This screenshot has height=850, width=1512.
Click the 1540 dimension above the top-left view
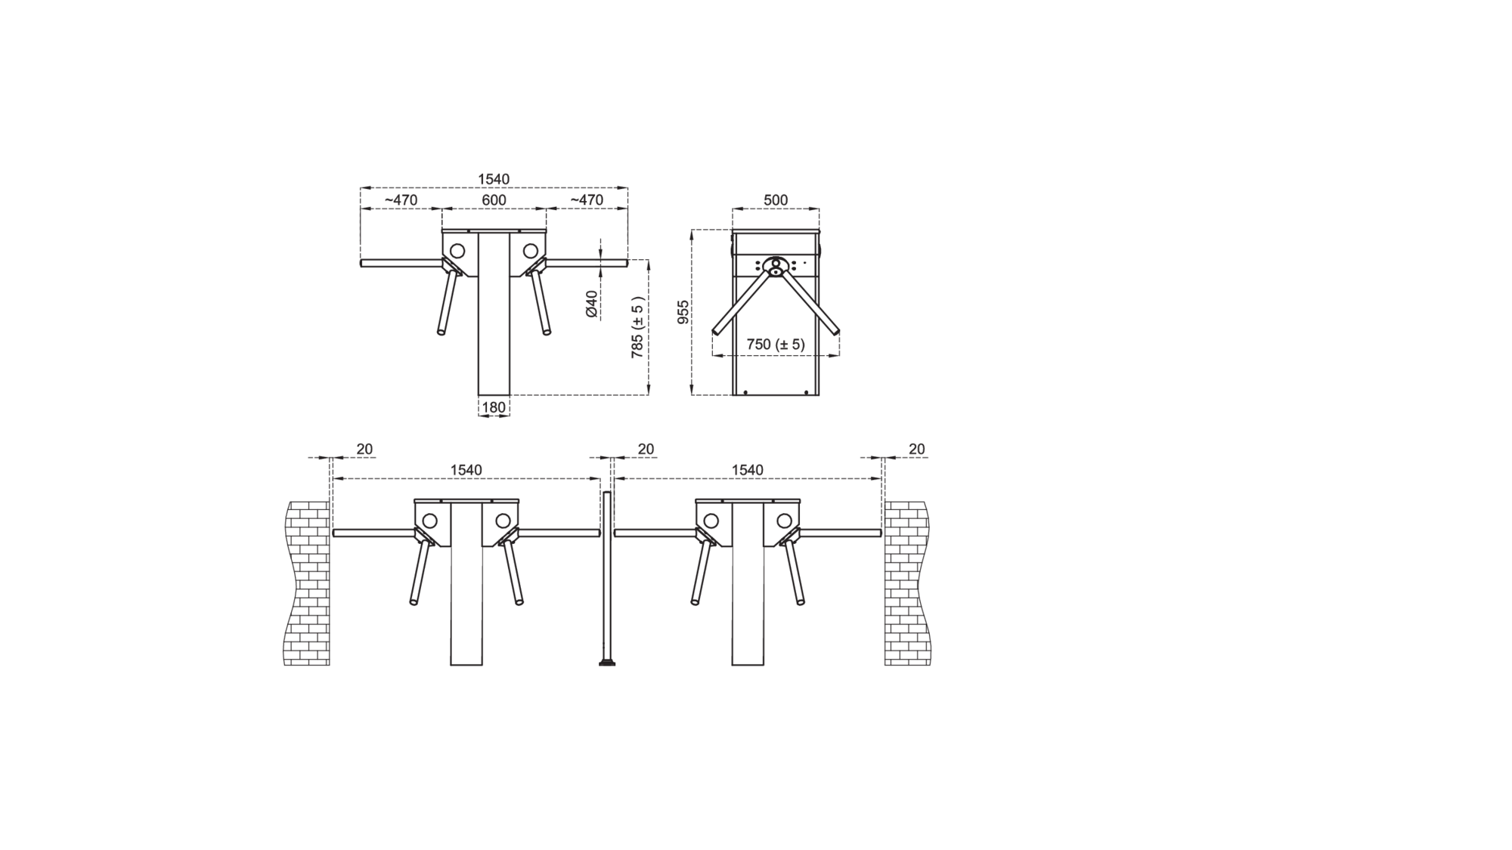click(x=494, y=179)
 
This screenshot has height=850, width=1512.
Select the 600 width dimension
click(x=494, y=200)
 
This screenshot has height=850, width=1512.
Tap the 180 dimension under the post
click(x=494, y=407)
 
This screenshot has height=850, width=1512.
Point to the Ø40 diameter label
click(x=592, y=304)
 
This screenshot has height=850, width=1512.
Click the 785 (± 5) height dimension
click(x=638, y=327)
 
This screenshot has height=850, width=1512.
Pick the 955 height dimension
click(x=683, y=312)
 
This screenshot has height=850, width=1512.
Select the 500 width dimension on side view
click(x=776, y=200)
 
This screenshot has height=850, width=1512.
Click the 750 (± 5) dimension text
click(x=776, y=345)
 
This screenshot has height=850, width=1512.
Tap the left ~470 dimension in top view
click(x=401, y=200)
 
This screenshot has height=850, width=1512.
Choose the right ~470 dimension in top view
click(x=587, y=200)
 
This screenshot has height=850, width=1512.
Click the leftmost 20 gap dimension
click(x=364, y=449)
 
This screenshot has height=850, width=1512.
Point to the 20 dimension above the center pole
click(x=646, y=449)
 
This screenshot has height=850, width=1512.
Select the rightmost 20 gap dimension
click(x=916, y=449)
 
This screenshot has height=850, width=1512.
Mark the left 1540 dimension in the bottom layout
click(x=466, y=470)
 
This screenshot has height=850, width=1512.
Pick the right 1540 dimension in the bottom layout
click(x=747, y=470)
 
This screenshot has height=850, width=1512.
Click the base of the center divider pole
click(x=606, y=663)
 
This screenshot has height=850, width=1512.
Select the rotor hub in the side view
click(x=776, y=265)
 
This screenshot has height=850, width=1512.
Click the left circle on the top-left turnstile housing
click(x=457, y=250)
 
